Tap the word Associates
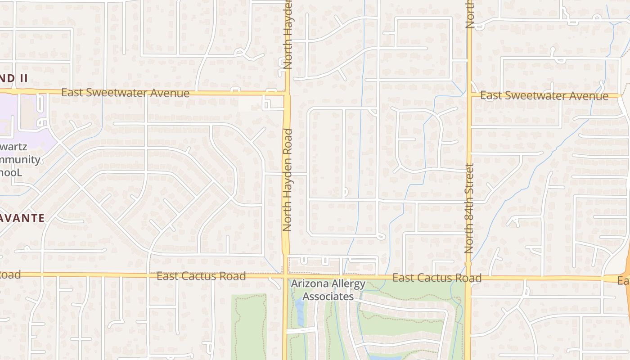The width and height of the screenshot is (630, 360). point(328,297)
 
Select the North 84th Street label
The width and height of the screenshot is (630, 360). point(469,208)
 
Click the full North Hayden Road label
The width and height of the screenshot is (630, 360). point(288,180)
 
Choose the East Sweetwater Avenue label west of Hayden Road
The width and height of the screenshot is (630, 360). point(125,93)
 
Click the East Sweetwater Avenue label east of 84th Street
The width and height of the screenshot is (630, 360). point(544,96)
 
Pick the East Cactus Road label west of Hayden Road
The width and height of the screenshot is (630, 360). point(201,276)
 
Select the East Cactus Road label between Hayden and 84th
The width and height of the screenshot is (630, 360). point(436,278)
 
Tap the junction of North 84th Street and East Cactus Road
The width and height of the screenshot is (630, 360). point(468,278)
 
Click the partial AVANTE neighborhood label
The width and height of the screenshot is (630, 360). point(22,218)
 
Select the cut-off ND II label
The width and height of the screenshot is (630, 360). point(13,78)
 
